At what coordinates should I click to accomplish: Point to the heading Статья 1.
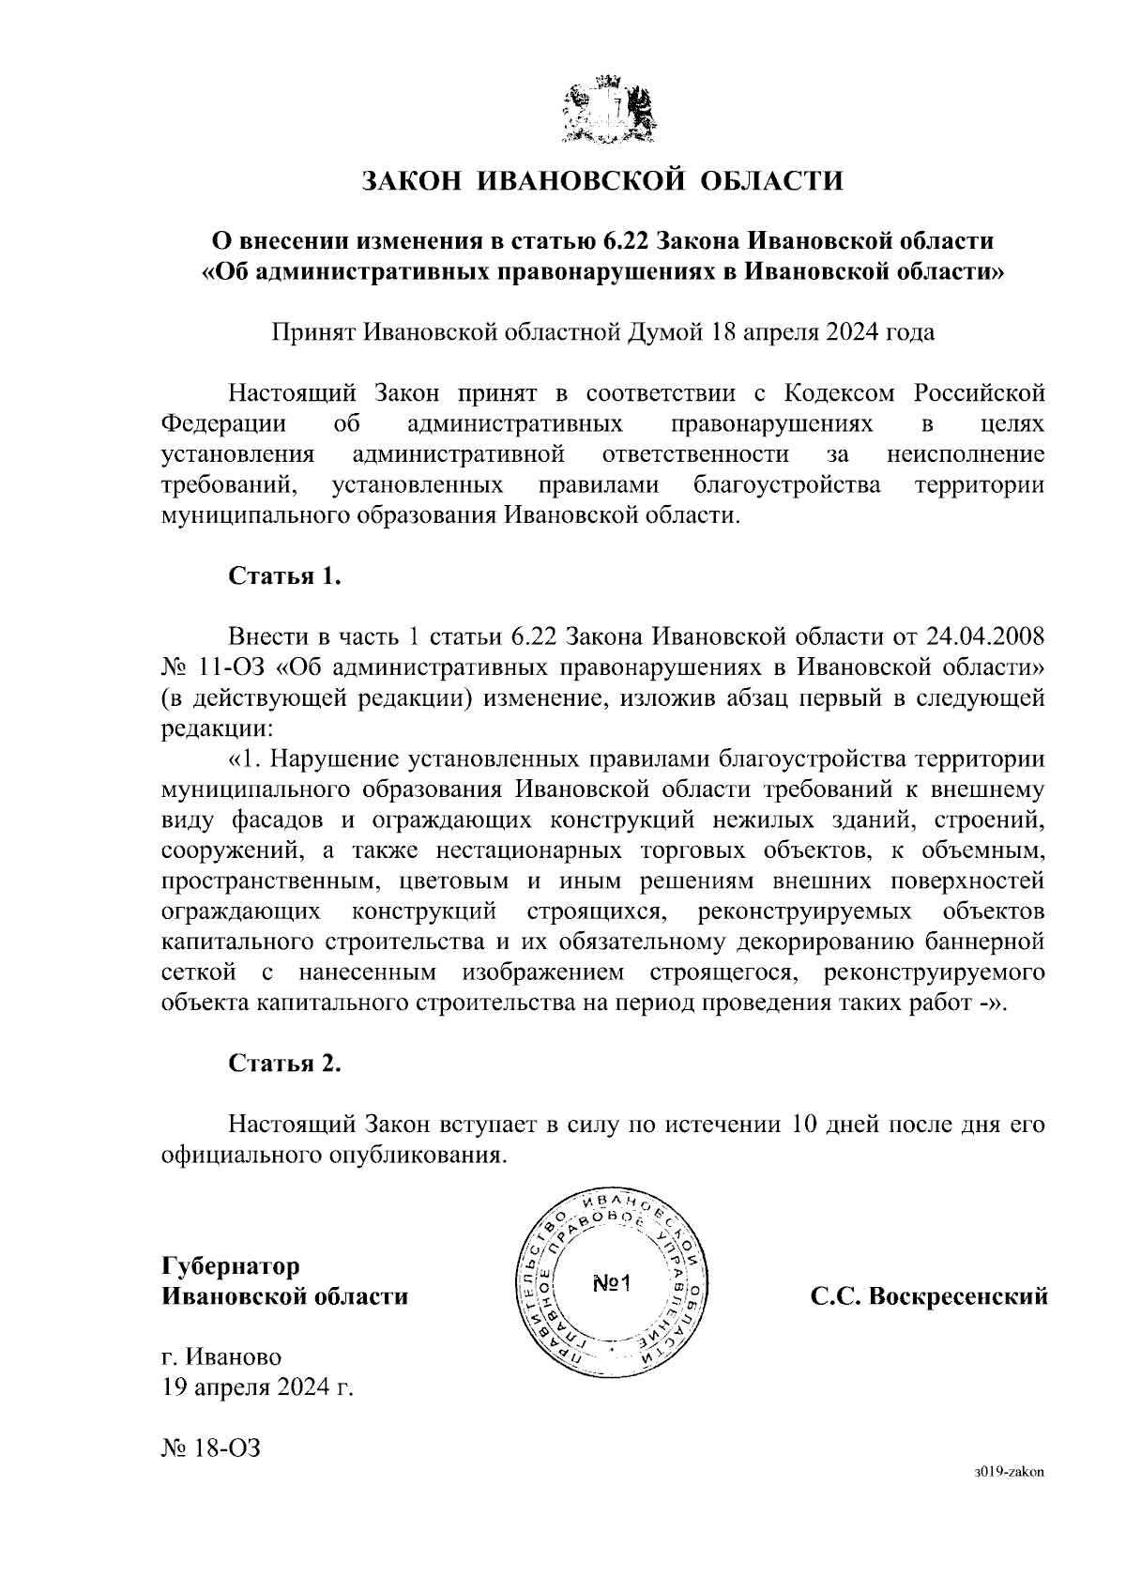(x=284, y=575)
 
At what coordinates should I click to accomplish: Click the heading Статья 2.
(x=284, y=1063)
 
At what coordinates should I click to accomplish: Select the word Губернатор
(x=231, y=1266)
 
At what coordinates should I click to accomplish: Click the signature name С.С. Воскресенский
(x=928, y=1297)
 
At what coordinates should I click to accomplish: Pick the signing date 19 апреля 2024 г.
(x=258, y=1387)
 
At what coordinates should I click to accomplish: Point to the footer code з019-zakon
(x=1010, y=1473)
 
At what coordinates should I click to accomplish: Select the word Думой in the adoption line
(x=664, y=332)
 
